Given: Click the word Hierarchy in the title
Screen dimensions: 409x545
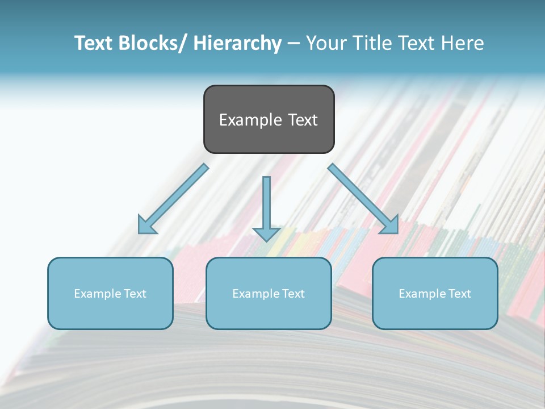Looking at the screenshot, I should (237, 43).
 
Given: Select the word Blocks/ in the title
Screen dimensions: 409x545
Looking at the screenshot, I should (150, 43).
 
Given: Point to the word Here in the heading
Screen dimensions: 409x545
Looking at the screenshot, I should (463, 43).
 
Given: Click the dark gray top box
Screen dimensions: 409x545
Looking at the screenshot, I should (269, 139).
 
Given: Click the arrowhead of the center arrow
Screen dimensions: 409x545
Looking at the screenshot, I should (266, 233).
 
